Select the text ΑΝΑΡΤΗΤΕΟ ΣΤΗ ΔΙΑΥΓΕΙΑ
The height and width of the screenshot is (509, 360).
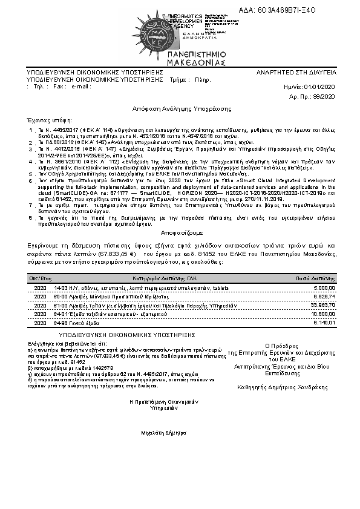296,72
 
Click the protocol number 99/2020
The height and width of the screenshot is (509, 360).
326,96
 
